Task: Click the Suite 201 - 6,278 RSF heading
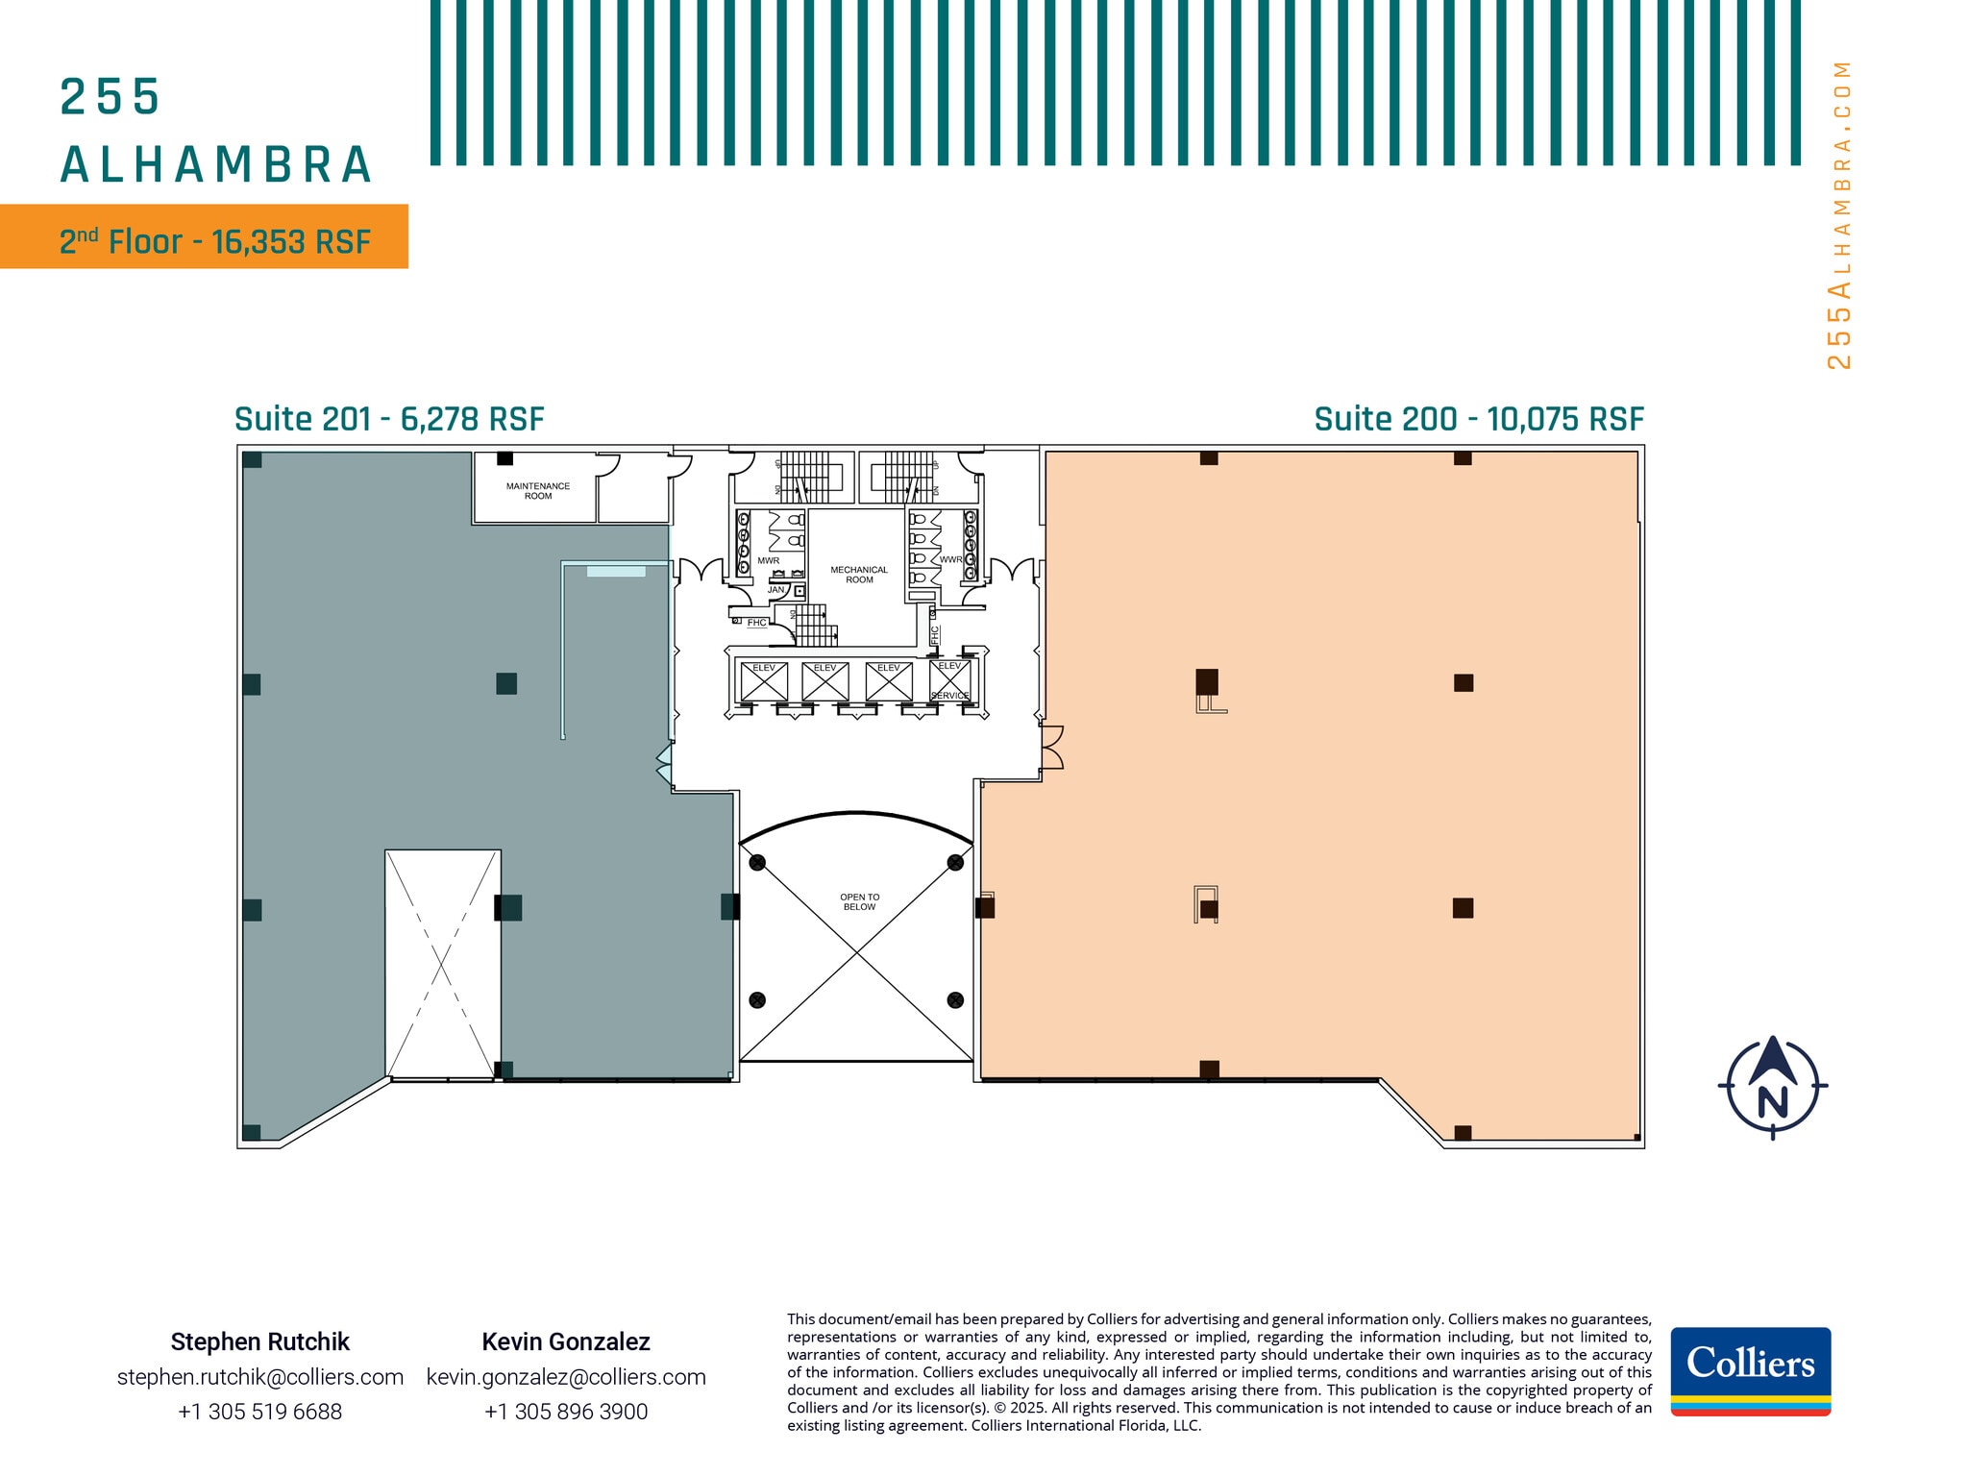point(389,420)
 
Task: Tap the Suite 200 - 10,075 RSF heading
point(1479,420)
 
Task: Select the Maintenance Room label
point(538,491)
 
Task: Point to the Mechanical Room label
point(859,575)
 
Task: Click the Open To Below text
point(859,902)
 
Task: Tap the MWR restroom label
point(769,560)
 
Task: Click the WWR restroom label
point(950,559)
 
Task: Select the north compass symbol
point(1772,1087)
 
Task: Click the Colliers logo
point(1750,1370)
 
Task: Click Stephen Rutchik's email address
point(260,1377)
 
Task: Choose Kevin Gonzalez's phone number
point(566,1412)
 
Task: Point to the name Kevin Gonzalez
point(566,1341)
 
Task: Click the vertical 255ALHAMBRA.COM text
point(1838,215)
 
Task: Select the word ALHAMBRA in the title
point(216,165)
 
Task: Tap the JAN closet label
point(775,590)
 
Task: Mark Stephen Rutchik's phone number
point(260,1412)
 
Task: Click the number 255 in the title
point(110,97)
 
